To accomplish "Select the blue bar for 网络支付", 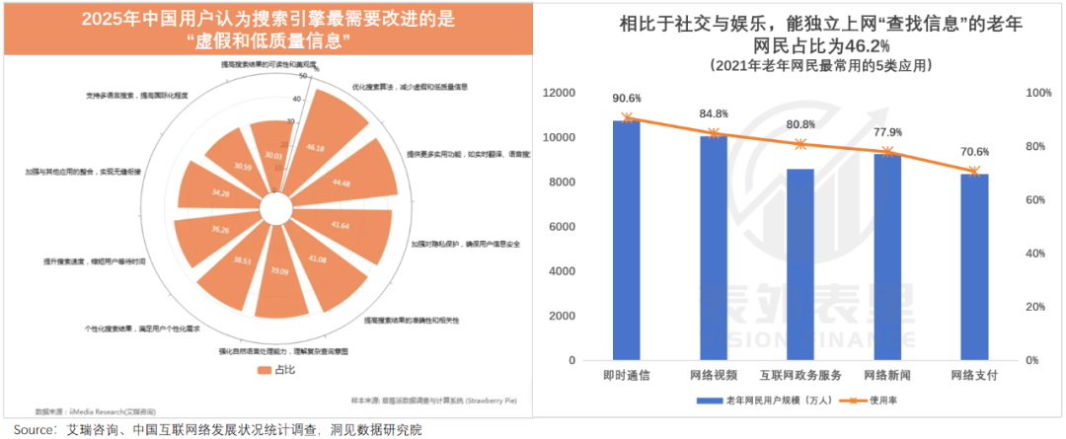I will click(x=975, y=266).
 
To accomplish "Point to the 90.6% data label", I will click(x=626, y=99).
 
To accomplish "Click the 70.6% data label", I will click(x=975, y=152).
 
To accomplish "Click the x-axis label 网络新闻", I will click(x=888, y=376).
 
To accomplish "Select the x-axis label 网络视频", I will click(x=714, y=376).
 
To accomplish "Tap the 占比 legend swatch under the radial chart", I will click(x=264, y=370).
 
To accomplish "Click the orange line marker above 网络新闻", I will click(x=888, y=152).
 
